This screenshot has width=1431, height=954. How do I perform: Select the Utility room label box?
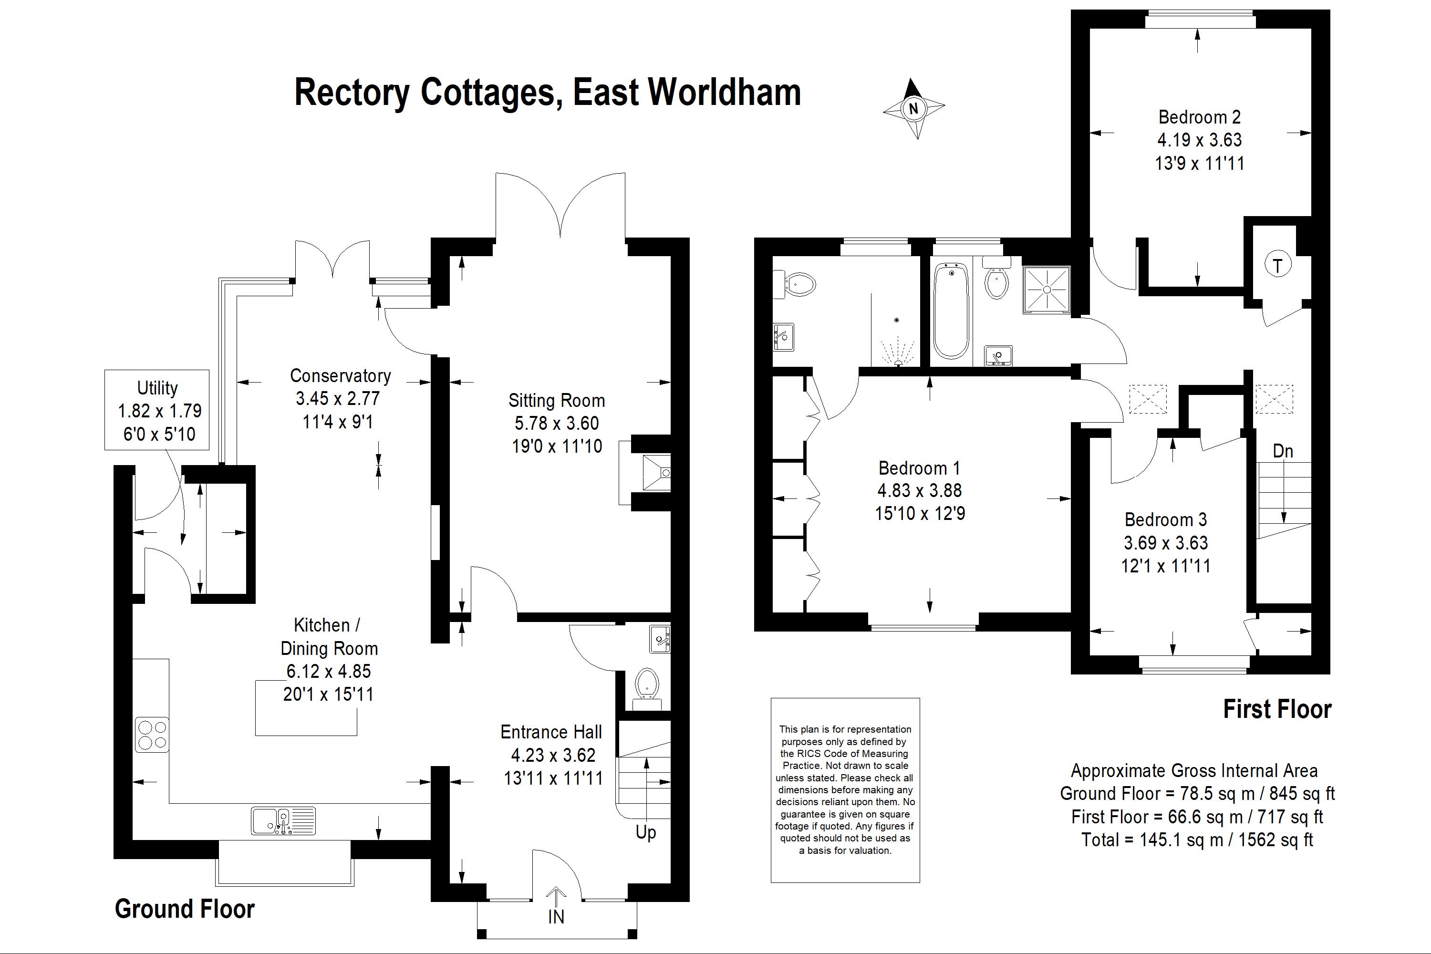click(157, 410)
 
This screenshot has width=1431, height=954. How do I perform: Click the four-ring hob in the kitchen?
click(152, 735)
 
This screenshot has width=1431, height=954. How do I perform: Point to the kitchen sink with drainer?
click(283, 820)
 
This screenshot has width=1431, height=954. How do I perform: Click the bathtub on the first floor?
click(950, 311)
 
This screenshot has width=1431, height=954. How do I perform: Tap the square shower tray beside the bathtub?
click(1047, 290)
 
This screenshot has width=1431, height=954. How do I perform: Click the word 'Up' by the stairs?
click(645, 832)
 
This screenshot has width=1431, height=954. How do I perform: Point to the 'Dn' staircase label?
click(1283, 451)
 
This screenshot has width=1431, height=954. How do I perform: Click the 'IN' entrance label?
click(556, 916)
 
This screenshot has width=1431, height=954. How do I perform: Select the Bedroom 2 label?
click(1199, 117)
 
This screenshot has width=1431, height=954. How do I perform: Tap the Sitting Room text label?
click(557, 400)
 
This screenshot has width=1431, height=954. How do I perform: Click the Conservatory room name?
click(340, 376)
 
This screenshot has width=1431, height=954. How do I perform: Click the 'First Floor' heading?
click(1277, 709)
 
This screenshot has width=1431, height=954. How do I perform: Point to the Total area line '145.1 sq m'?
click(1197, 840)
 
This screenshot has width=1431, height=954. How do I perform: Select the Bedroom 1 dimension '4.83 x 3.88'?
click(919, 490)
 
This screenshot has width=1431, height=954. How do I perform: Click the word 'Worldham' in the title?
click(724, 93)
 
